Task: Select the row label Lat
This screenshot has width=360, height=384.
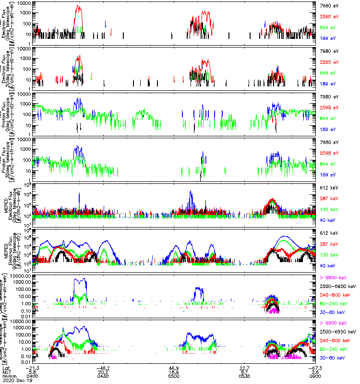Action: point(6,367)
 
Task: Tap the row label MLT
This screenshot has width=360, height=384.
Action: point(6,372)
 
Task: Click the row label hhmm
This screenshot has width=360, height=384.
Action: point(8,376)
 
